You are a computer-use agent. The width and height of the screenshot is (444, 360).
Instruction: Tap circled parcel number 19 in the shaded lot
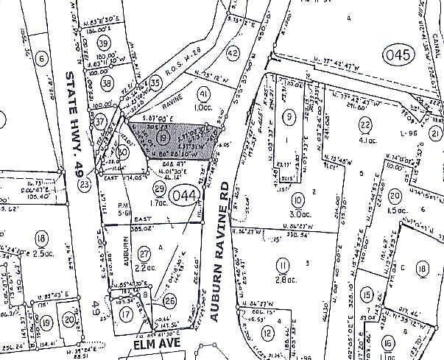pos(161,137)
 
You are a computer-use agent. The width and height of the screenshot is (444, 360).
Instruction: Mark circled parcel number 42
pos(233,53)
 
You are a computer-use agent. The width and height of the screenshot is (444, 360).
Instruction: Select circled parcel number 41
pos(204,93)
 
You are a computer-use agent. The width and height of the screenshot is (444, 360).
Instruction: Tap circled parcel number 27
pos(144,233)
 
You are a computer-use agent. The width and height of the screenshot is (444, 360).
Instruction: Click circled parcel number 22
pos(364,123)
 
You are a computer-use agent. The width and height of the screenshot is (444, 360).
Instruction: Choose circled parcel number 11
pos(281,265)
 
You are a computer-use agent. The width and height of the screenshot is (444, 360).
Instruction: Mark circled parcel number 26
pos(170,300)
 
